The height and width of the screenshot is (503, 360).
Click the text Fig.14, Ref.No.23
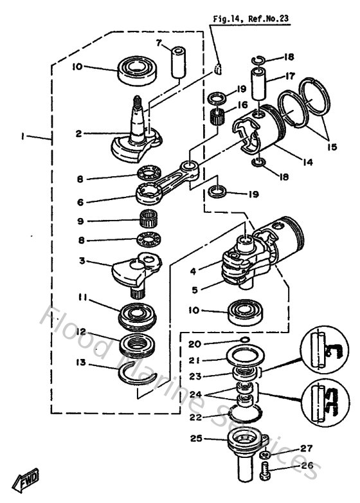(x=251, y=19)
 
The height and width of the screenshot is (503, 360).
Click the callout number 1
(x=23, y=136)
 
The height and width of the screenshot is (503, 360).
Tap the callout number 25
(x=194, y=439)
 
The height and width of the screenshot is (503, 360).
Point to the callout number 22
(x=195, y=417)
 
